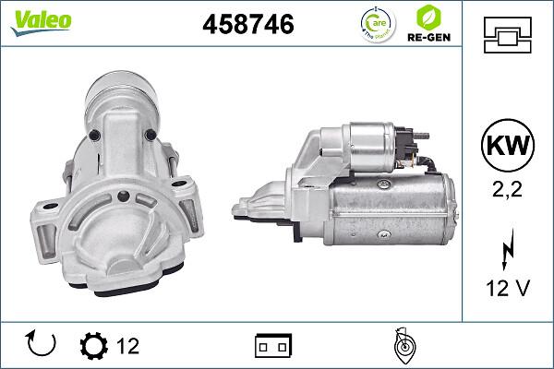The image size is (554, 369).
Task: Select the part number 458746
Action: [247, 25]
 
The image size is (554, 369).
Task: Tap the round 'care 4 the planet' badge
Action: [374, 25]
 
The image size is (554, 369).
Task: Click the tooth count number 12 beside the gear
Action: [127, 346]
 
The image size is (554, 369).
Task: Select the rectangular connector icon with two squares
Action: [273, 346]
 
